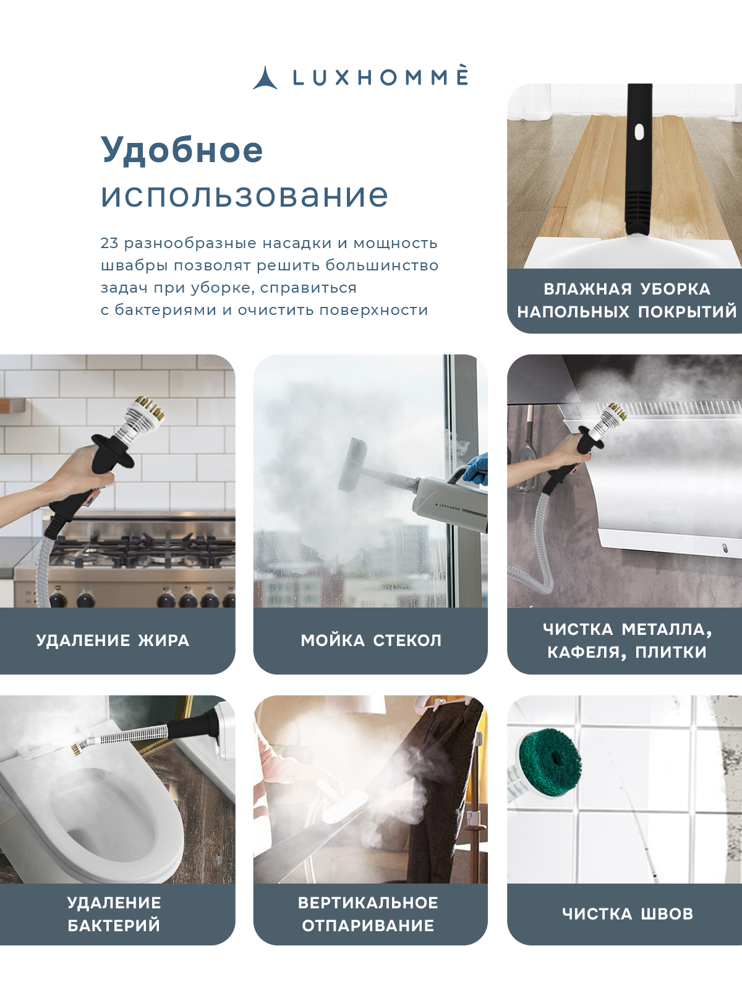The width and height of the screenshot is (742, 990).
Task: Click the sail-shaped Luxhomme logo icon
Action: [265, 79]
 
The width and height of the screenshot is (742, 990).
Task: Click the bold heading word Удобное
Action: [182, 150]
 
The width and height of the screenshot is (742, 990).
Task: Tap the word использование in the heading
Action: [244, 196]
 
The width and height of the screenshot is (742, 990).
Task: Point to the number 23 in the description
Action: [109, 243]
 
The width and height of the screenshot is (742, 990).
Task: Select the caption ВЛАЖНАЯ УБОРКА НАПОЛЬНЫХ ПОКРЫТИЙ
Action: [626, 300]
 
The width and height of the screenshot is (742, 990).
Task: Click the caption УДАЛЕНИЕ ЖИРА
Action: [113, 640]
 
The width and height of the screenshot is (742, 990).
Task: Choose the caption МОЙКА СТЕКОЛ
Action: [371, 640]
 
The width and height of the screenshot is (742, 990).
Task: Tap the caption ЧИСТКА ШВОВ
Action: [627, 914]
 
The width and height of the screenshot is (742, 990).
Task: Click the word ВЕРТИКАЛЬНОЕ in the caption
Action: [368, 903]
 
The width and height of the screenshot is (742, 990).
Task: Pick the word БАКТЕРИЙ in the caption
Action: [114, 926]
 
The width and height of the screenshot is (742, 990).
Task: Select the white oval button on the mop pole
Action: [639, 131]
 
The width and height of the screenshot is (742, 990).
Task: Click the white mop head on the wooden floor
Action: [625, 251]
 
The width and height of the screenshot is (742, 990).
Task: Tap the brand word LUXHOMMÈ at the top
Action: [380, 78]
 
